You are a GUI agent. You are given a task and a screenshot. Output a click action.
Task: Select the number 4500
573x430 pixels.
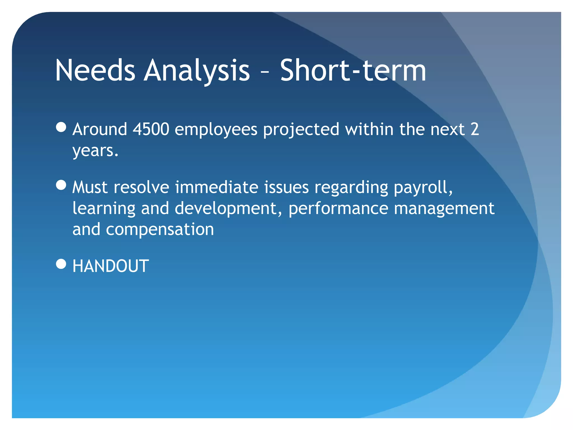(x=151, y=129)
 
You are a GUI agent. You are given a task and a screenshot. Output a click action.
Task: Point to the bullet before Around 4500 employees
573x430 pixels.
(x=61, y=127)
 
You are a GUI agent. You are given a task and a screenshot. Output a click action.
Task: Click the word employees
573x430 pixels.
(x=216, y=130)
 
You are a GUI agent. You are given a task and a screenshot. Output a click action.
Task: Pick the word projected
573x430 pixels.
(x=301, y=130)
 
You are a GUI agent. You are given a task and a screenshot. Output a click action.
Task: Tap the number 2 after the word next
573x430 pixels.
(x=475, y=129)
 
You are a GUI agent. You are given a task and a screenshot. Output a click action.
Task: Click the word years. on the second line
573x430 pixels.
(x=95, y=151)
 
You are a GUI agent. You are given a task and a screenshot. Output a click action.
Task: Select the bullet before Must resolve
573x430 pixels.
(x=61, y=185)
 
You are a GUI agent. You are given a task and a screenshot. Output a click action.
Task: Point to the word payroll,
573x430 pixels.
(x=423, y=188)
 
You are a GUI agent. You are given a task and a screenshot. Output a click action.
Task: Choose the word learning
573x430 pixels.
(x=104, y=209)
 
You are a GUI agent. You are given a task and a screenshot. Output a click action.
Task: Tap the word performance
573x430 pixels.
(x=338, y=209)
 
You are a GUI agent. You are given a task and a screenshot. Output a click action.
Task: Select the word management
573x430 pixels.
(x=444, y=209)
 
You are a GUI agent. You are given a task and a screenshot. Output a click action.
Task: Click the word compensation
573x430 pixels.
(x=160, y=230)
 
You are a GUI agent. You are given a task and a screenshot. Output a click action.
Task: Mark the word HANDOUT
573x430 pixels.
(x=111, y=266)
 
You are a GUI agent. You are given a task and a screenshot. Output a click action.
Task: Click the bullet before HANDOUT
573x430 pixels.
(x=61, y=264)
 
